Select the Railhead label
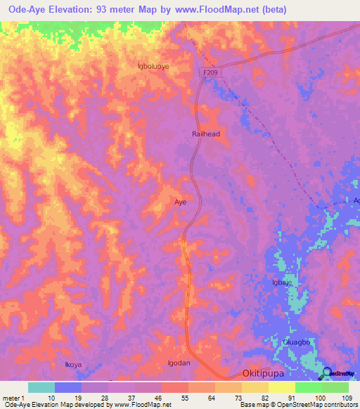pyautogui.click(x=207, y=134)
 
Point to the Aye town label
pyautogui.click(x=180, y=202)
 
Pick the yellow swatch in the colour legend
pyautogui.click(x=281, y=387)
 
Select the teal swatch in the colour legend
pyautogui.click(x=41, y=387)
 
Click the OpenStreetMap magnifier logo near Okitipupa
pyautogui.click(x=326, y=373)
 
